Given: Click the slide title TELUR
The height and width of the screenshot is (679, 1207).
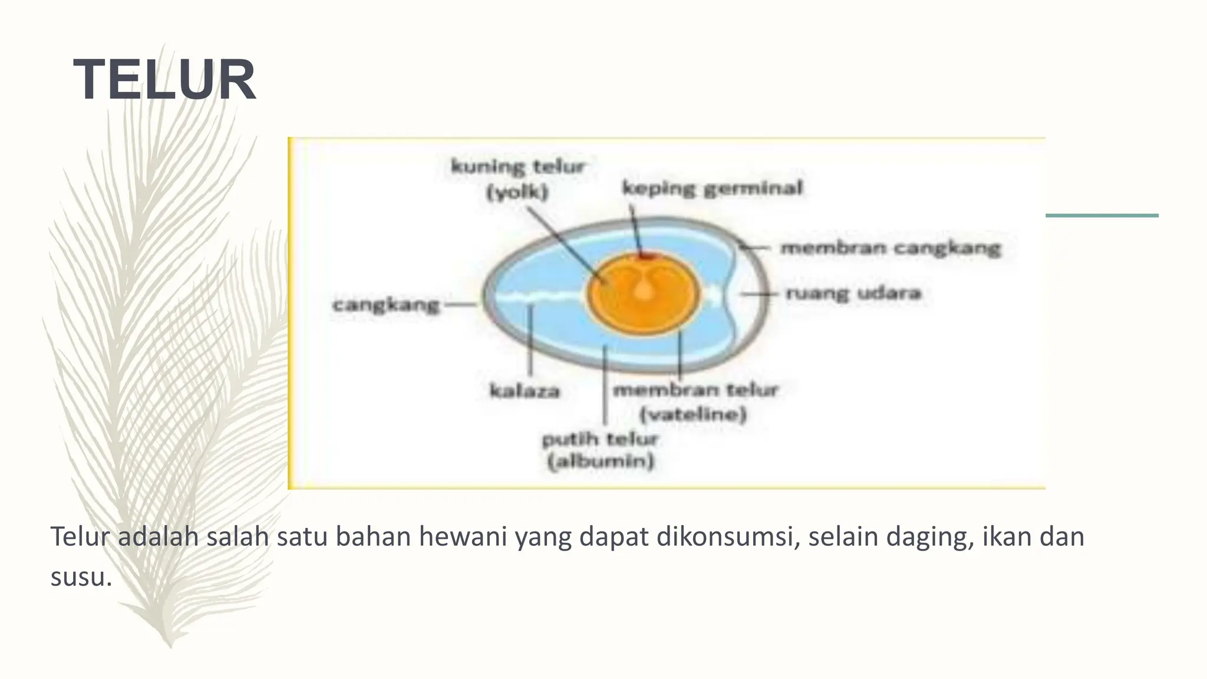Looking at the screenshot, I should [164, 80].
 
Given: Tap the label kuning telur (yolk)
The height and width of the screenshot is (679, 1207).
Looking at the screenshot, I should [517, 179].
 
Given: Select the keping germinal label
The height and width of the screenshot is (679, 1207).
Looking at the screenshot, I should [712, 189].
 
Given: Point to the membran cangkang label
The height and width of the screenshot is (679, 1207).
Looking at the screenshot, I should [890, 248].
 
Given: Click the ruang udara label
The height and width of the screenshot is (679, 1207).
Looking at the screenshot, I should [853, 293].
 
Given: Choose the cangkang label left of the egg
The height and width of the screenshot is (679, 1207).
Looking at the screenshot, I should [386, 305].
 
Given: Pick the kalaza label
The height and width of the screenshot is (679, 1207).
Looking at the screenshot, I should [525, 391].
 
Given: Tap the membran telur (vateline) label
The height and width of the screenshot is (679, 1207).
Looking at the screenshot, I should [695, 402].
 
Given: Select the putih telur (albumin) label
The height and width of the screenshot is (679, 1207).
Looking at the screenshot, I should [600, 450].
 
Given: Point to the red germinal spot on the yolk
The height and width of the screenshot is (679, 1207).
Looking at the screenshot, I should [647, 256].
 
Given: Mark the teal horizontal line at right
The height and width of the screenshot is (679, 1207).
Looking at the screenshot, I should [1102, 216].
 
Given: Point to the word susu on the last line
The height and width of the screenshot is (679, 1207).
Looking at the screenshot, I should [80, 576].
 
